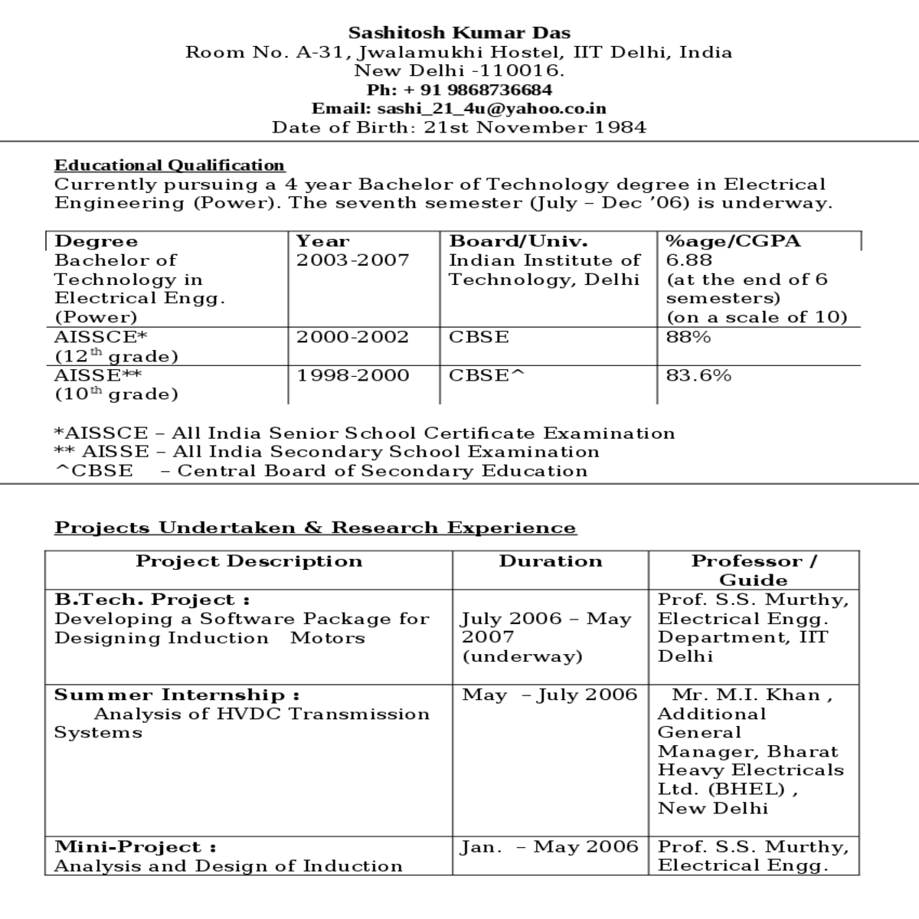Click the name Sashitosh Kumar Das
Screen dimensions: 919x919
pos(459,33)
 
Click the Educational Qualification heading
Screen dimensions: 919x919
pos(169,165)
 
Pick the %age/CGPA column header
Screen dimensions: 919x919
pos(733,241)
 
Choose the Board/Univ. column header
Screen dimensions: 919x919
pos(518,241)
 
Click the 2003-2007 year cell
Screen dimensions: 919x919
pos(352,260)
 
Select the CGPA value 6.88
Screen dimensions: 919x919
pos(688,260)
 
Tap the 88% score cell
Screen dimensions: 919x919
pos(688,337)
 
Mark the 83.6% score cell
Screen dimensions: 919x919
pos(698,375)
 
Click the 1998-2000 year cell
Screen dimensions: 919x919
pos(352,375)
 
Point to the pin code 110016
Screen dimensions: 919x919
pos(520,71)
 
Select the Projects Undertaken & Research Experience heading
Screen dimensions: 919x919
pos(315,528)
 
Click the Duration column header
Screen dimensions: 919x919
pos(551,561)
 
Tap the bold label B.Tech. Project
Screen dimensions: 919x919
pos(152,600)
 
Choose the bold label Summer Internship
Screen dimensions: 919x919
pos(176,695)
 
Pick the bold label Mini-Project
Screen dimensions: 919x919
pos(135,847)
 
